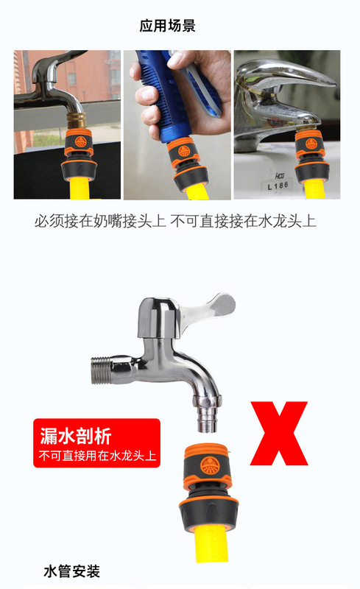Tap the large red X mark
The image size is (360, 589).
tap(278, 433)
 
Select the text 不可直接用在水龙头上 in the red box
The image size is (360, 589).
tap(97, 456)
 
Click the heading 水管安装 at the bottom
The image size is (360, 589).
tap(71, 571)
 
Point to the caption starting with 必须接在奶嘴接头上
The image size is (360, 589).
tap(175, 221)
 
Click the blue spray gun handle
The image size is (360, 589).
tap(184, 81)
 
